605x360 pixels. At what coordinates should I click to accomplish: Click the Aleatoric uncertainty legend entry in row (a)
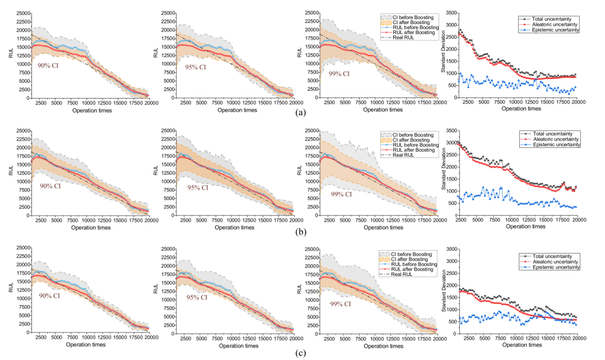click(550, 25)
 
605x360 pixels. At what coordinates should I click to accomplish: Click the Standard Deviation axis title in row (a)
click(443, 55)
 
